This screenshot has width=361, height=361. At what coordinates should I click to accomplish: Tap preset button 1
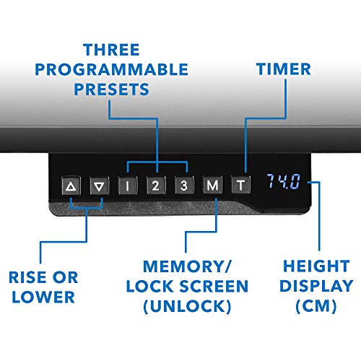(x=128, y=186)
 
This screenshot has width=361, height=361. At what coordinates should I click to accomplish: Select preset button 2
(x=156, y=186)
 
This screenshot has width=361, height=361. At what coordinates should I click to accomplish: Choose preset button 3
(x=184, y=186)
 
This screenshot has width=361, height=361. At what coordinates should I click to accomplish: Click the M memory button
(x=212, y=186)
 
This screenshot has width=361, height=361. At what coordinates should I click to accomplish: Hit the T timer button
(x=240, y=186)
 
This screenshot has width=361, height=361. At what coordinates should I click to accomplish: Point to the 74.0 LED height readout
(x=284, y=181)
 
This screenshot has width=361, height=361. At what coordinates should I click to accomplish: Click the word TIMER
(x=284, y=69)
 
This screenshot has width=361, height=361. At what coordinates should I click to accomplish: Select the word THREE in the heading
(x=111, y=50)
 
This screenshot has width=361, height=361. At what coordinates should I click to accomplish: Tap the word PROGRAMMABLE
(x=111, y=69)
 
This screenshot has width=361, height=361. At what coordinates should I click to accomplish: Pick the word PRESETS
(x=111, y=90)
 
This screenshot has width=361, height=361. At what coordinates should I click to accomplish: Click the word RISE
(x=27, y=277)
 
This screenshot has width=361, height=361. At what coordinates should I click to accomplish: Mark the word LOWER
(x=43, y=297)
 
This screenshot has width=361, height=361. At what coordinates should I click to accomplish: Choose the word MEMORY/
(x=187, y=266)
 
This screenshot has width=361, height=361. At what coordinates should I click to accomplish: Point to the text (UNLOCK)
(x=187, y=306)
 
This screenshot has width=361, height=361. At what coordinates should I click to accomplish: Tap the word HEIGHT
(x=316, y=266)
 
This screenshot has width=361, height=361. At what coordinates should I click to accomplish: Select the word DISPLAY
(x=316, y=286)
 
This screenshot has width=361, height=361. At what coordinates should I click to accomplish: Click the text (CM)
(x=316, y=306)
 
